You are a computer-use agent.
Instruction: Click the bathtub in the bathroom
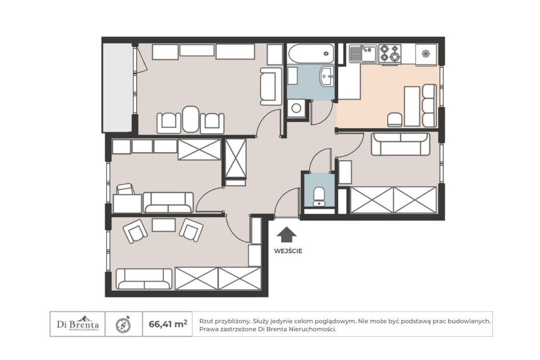[x=310, y=54]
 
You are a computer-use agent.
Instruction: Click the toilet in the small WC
[x=319, y=196]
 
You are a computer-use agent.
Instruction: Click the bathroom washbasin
[x=327, y=76]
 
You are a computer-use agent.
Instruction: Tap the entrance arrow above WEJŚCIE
[x=286, y=234]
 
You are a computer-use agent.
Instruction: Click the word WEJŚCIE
[x=288, y=251]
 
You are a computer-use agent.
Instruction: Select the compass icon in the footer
[x=124, y=325]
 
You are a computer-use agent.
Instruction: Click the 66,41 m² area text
[x=168, y=324]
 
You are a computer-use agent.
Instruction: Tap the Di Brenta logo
[x=78, y=324]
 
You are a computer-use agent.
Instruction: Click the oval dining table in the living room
[x=191, y=119]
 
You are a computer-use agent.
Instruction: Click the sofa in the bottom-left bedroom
[x=144, y=279]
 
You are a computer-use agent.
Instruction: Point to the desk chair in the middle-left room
[x=126, y=189]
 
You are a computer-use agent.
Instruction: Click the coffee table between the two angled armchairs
[x=164, y=225]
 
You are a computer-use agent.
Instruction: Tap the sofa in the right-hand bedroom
[x=400, y=144]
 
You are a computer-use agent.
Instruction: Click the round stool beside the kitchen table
[x=394, y=119]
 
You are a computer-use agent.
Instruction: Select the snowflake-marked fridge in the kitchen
[x=426, y=55]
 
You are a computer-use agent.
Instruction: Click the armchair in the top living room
[x=271, y=87]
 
